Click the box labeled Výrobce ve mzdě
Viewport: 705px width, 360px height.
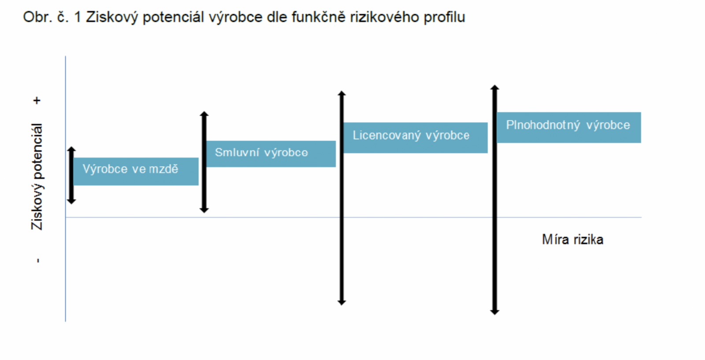136,171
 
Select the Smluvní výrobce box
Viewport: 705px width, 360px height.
271,154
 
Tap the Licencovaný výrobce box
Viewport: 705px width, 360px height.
416,138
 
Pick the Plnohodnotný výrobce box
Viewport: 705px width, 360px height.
569,127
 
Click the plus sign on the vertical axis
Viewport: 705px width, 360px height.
37,101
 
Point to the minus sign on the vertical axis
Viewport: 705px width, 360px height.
38,260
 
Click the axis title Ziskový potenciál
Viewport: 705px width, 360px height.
37,177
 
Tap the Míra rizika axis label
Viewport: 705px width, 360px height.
572,240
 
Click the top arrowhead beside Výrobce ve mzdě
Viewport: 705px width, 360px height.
71,149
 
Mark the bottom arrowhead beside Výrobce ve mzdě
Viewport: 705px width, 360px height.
71,201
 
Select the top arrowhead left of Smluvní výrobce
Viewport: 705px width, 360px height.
204,114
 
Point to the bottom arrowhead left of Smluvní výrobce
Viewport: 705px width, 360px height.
204,210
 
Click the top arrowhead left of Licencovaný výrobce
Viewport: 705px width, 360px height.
342,93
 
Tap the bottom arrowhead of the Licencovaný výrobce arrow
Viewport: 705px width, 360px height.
342,302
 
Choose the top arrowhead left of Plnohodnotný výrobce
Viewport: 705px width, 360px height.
495,88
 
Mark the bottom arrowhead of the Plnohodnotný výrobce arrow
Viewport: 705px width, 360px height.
495,312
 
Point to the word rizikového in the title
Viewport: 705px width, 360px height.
385,18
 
